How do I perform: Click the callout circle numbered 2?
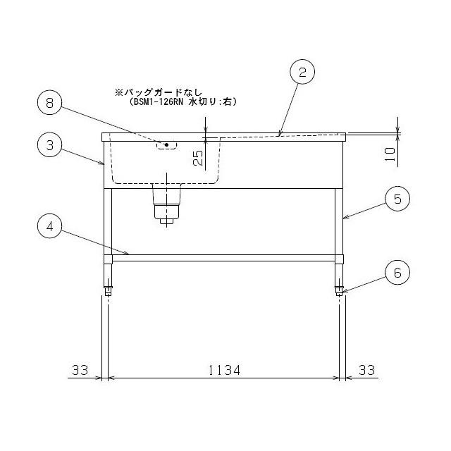(302, 72)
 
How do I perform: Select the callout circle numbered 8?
(50, 103)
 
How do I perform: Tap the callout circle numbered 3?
(50, 145)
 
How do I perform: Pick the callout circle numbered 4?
(50, 226)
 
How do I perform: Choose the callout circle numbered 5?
(397, 199)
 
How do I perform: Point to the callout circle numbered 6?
(397, 273)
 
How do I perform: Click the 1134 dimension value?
(224, 370)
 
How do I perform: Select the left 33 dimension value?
(80, 370)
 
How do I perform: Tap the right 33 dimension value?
(366, 370)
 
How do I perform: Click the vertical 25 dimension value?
(198, 158)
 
